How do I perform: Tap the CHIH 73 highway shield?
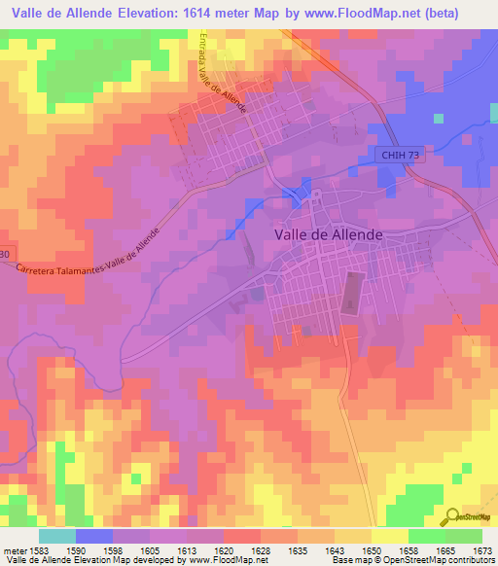[x=400, y=157]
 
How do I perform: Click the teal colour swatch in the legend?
[x=56, y=536]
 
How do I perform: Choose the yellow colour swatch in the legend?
[x=389, y=536]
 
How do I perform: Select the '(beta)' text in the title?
[x=460, y=12]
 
